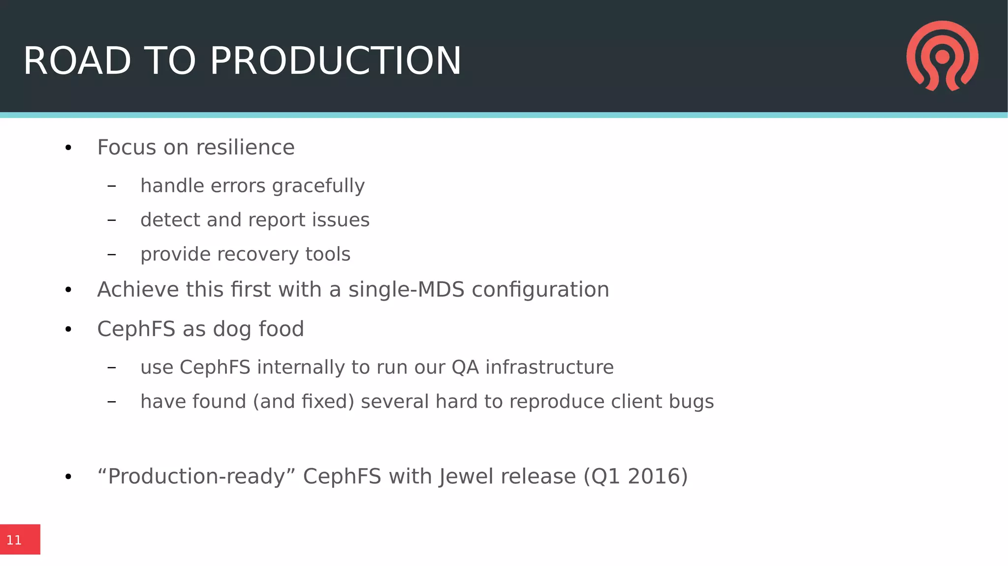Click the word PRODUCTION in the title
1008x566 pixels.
tap(336, 61)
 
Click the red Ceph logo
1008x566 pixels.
tap(942, 56)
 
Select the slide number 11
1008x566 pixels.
tap(14, 540)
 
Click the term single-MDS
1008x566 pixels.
tap(406, 289)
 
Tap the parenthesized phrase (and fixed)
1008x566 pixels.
tap(304, 402)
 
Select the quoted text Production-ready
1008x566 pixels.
tap(196, 476)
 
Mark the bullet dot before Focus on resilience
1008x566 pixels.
tap(68, 148)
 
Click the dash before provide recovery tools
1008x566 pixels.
tap(112, 254)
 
